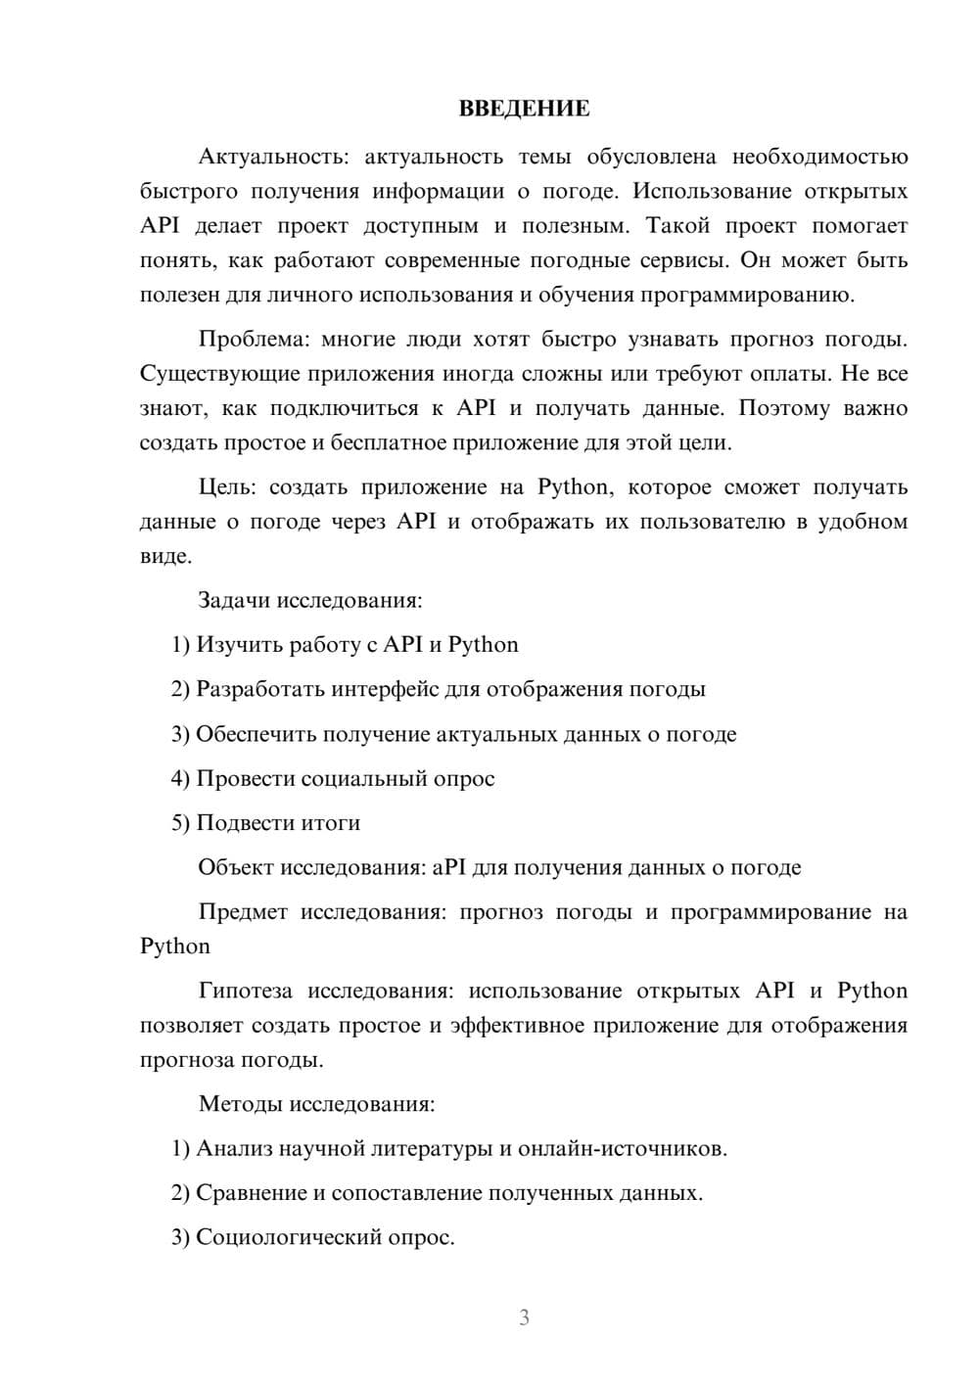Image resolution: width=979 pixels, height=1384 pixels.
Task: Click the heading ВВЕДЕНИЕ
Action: click(x=524, y=109)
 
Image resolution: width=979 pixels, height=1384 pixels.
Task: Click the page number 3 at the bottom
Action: click(x=524, y=1317)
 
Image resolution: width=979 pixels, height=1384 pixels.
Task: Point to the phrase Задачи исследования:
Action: click(x=309, y=600)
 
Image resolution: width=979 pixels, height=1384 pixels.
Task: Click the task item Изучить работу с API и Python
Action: click(x=356, y=645)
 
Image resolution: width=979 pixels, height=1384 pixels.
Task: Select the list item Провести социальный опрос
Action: click(x=345, y=779)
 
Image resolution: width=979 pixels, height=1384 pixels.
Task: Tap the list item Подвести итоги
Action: click(x=278, y=823)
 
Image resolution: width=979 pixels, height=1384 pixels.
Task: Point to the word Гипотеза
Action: click(x=245, y=992)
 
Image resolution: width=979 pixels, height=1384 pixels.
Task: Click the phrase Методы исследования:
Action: click(x=316, y=1105)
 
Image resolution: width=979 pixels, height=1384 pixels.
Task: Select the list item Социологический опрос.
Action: click(x=325, y=1238)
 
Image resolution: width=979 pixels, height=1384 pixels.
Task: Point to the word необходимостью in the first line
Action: click(x=819, y=157)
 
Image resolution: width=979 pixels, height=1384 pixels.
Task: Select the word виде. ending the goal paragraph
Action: click(x=165, y=557)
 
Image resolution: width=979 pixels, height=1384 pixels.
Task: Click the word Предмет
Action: click(x=243, y=912)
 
